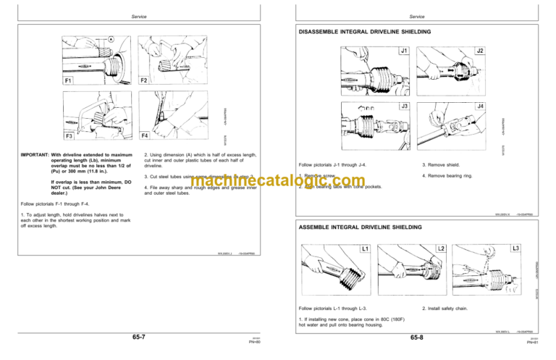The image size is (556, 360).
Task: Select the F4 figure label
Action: [x=145, y=135]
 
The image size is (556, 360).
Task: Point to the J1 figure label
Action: [x=403, y=52]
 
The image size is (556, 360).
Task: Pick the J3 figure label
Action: [x=403, y=106]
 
